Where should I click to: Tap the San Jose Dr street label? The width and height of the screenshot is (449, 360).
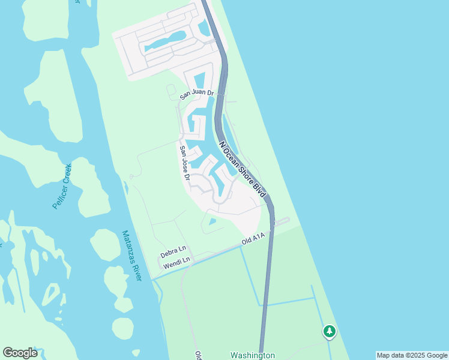point(184,163)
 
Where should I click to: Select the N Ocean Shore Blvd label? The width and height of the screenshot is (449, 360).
point(242,170)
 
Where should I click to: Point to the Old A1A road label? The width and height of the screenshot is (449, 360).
point(253,239)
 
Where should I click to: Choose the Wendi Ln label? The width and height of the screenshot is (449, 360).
point(177,260)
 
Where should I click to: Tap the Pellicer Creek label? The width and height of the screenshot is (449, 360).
point(62,186)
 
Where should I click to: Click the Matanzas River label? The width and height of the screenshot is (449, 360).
point(131,255)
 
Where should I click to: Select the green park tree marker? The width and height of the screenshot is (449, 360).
point(329,331)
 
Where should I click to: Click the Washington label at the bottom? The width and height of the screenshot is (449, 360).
point(253,355)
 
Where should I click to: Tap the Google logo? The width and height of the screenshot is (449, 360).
point(20,353)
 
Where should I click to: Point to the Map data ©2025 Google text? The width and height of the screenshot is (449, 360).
point(412,355)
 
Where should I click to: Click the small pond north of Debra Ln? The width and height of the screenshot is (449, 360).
point(212,222)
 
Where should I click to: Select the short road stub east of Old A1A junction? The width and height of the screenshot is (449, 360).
point(282,221)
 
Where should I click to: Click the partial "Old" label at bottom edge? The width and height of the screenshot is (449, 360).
point(197,355)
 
